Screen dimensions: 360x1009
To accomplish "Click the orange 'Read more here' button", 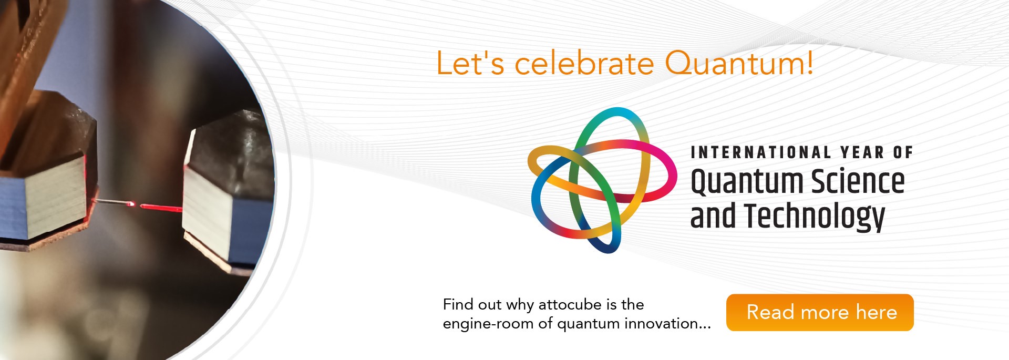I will pos(820,312).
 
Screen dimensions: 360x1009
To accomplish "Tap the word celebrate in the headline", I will pos(584,64).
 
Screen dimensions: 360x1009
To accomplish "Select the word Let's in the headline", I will pos(470,64).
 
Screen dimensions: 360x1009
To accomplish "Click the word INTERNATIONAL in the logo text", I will pos(760,152).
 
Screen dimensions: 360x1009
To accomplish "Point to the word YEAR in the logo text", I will pos(862,152).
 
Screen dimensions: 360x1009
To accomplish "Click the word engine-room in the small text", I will pos(488,324).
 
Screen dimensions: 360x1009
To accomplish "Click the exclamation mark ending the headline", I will pos(810,64).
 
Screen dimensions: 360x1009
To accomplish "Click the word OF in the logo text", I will pos(903,152).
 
